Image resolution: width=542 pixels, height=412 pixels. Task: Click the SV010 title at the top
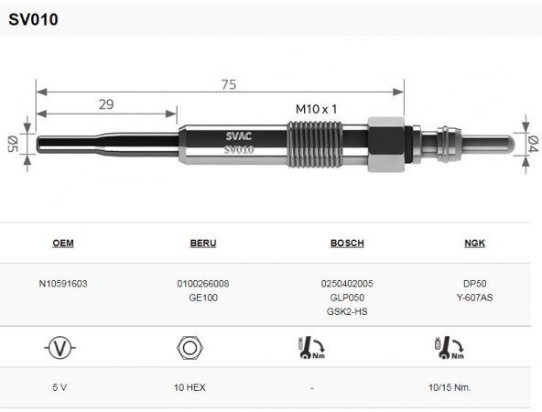[33, 19]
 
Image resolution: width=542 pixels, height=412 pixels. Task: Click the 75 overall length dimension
[229, 84]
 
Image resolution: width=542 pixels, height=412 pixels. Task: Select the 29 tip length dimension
[106, 104]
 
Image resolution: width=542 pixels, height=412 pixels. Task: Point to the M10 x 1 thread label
[316, 109]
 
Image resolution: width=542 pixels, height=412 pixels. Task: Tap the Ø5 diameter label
[13, 144]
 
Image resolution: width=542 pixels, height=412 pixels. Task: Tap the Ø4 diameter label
[533, 144]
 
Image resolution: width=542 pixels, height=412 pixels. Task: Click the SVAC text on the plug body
[239, 136]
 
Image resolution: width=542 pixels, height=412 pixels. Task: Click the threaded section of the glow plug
[315, 144]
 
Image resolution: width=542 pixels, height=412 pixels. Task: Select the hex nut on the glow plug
[386, 144]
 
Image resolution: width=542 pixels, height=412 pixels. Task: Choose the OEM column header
[63, 243]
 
